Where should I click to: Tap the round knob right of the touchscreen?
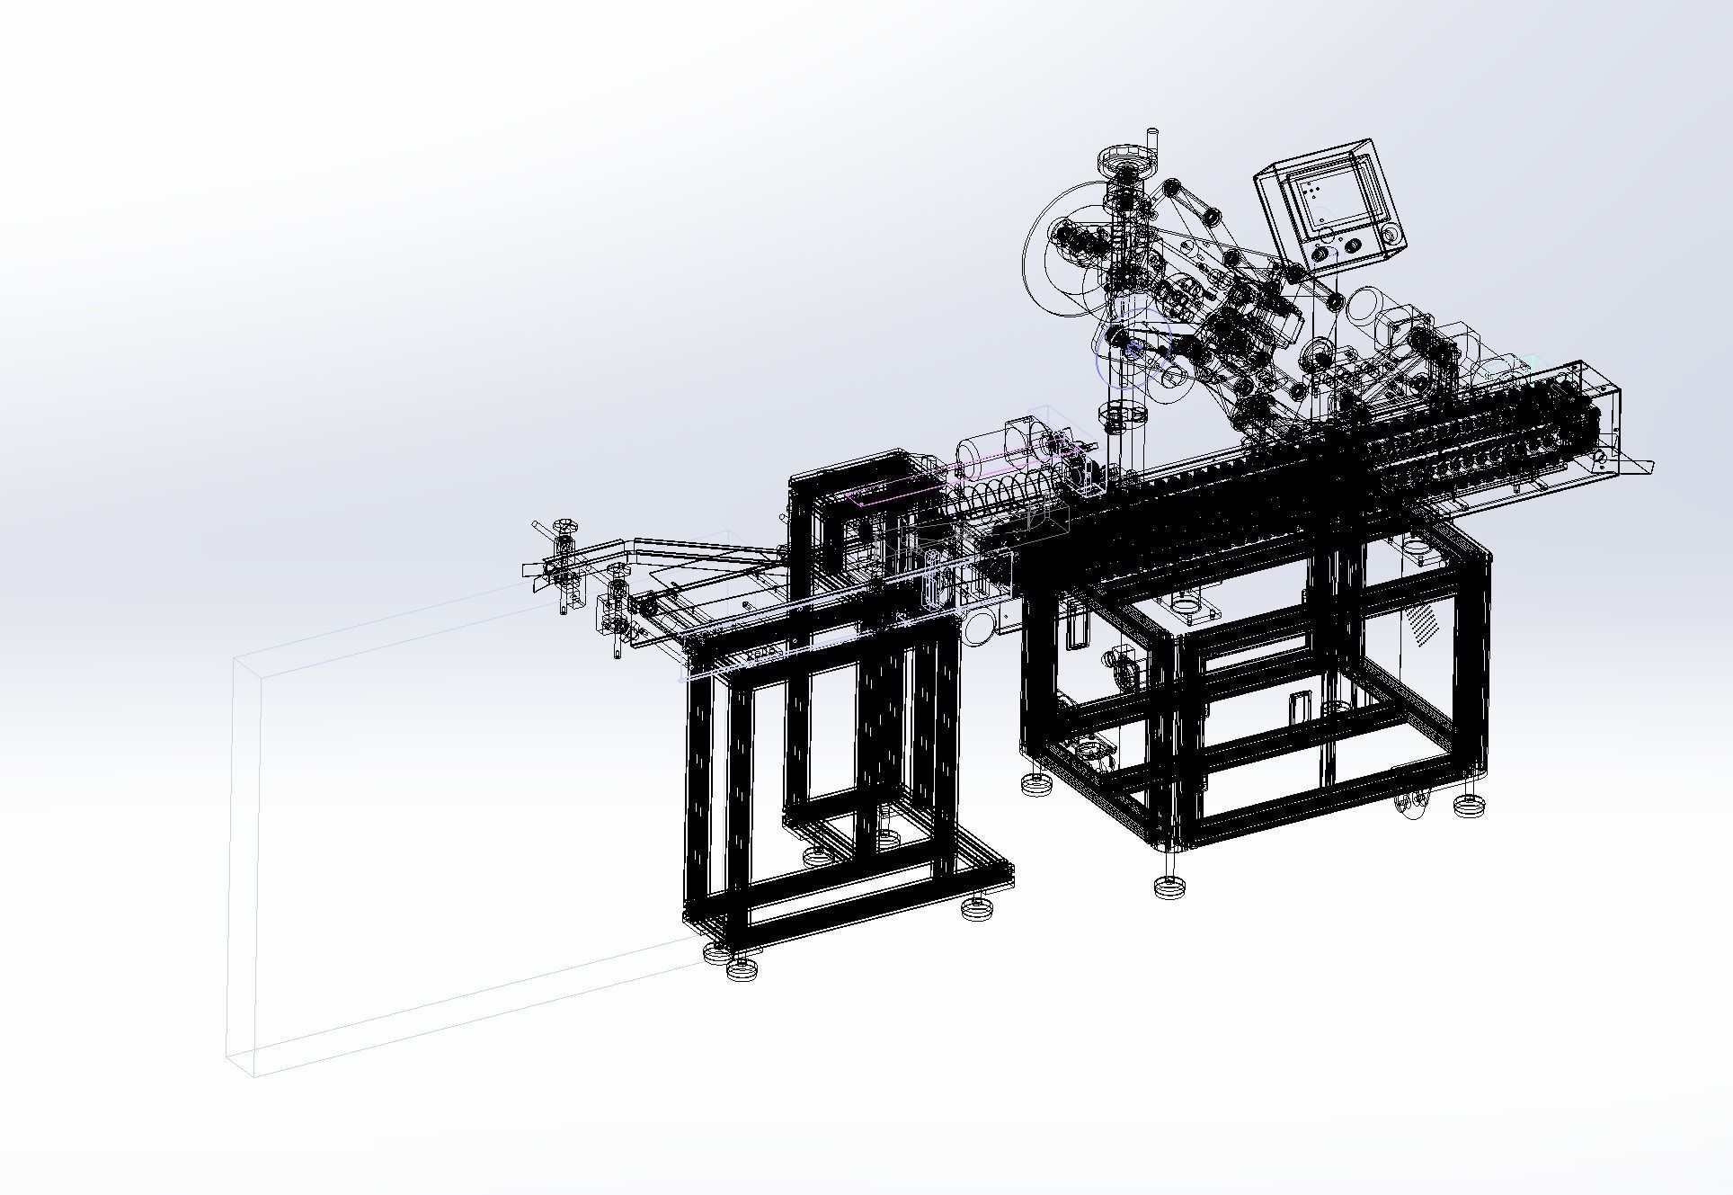tap(1392, 236)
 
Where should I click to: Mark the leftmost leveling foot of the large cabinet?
tap(1037, 784)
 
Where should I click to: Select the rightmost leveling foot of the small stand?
tap(977, 908)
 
